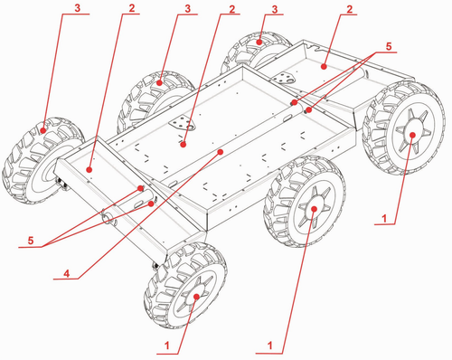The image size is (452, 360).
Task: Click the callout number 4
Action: coord(67,273)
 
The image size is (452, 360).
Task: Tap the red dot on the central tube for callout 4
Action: coord(221,152)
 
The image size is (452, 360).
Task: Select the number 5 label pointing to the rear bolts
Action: coord(389,46)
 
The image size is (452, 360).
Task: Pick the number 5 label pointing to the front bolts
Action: coord(31,241)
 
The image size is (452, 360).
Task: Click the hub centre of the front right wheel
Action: coord(196,297)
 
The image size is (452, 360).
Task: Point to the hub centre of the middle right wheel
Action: coord(314,209)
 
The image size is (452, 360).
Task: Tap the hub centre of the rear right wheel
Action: coord(412,135)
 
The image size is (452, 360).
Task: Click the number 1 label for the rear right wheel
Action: coord(384,218)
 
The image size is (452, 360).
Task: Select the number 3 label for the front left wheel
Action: coord(78,8)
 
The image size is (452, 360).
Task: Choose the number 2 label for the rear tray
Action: coord(349,9)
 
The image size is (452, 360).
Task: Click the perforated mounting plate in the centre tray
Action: coord(182,124)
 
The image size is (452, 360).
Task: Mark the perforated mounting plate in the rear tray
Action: coord(284,78)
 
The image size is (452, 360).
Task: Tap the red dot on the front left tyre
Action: coord(43,130)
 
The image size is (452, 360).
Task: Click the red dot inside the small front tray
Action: coord(89,170)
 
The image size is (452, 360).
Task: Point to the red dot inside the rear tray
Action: coord(324,66)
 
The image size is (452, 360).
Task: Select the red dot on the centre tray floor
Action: coord(183,145)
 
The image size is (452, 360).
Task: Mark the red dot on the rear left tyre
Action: coord(259,43)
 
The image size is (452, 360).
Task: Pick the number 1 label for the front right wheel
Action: coord(167,346)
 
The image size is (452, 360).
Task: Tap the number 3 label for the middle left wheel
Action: coord(188,9)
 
